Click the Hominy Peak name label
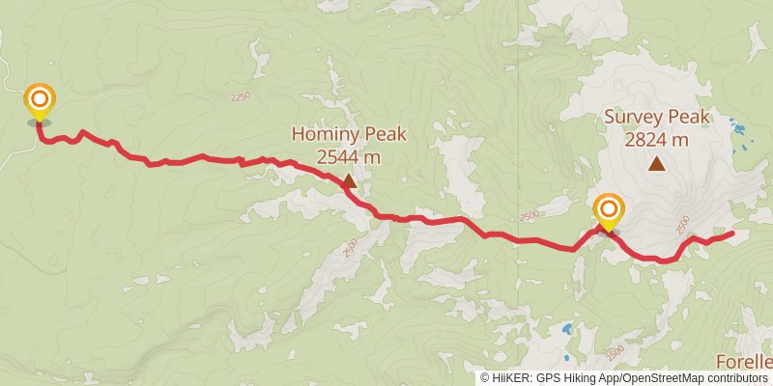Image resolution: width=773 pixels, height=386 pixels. pyautogui.click(x=349, y=135)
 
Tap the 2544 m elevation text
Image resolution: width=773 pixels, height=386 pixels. pyautogui.click(x=349, y=156)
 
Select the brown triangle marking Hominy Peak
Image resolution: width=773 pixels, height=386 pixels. pyautogui.click(x=348, y=179)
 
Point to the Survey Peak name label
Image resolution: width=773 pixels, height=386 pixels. pyautogui.click(x=657, y=118)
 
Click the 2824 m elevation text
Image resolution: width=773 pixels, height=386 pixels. pyautogui.click(x=657, y=139)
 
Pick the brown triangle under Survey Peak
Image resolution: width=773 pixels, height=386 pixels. pyautogui.click(x=657, y=164)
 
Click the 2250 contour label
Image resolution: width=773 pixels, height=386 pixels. pyautogui.click(x=241, y=96)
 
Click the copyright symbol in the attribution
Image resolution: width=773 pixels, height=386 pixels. pyautogui.click(x=485, y=378)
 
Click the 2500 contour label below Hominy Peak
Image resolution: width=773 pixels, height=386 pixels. pyautogui.click(x=350, y=248)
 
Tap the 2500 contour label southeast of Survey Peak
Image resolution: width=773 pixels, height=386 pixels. pyautogui.click(x=681, y=226)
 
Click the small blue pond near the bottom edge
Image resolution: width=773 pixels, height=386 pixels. pyautogui.click(x=567, y=329)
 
